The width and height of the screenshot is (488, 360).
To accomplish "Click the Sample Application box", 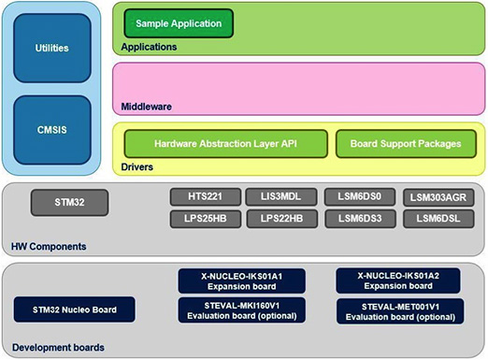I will click(x=179, y=22).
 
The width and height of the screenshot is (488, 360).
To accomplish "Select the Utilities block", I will click(x=51, y=47).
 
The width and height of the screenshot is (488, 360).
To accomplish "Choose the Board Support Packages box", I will click(x=406, y=144).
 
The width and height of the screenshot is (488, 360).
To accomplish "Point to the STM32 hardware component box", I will click(x=69, y=200).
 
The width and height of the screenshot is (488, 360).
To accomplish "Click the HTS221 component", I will click(x=203, y=197).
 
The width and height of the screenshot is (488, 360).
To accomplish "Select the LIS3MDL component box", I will click(x=280, y=197).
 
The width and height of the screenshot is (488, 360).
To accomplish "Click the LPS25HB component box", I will click(x=203, y=219).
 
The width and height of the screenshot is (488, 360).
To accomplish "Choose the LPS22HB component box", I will click(x=280, y=219).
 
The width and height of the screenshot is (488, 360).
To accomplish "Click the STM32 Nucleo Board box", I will click(x=73, y=310).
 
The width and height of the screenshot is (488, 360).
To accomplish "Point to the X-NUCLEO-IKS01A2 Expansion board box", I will click(x=399, y=281).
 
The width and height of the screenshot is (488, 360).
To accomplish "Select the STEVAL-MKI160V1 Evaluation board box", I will click(x=242, y=310).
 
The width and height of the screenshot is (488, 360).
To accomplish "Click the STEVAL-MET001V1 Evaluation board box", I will click(x=399, y=310).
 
